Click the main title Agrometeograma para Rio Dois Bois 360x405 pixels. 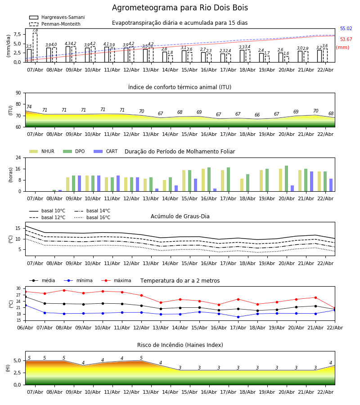click(x=180, y=8)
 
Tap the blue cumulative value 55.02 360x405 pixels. click(x=346, y=29)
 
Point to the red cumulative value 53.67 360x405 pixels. click(x=346, y=40)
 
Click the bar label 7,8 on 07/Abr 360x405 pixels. click(x=35, y=30)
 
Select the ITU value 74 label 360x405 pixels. click(x=29, y=107)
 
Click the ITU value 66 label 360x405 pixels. click(x=257, y=115)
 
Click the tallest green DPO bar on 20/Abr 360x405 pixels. click(x=286, y=178)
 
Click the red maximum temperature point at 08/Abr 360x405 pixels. click(x=64, y=290)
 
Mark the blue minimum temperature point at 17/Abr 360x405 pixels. click(x=238, y=317)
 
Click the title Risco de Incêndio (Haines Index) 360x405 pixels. click(x=180, y=345)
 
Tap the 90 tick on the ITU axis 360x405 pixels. click(x=18, y=93)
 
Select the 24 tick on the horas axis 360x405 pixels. click(x=18, y=158)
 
